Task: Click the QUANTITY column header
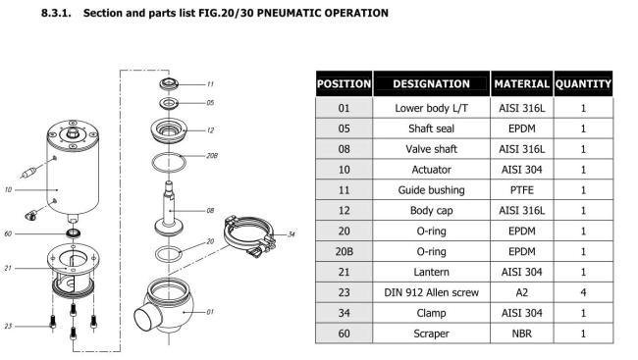(583, 83)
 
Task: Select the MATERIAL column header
(521, 83)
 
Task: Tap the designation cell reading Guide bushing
(431, 190)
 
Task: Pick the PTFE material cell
(521, 190)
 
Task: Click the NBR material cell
(521, 334)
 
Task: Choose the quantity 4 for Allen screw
(583, 292)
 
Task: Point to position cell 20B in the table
(344, 251)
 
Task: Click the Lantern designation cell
(431, 272)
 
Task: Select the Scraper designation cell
(431, 334)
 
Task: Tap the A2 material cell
(521, 292)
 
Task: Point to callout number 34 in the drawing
(292, 233)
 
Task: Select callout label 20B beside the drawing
(212, 155)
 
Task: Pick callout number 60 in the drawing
(8, 233)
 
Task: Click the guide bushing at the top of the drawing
(169, 84)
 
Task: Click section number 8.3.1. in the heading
(56, 13)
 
